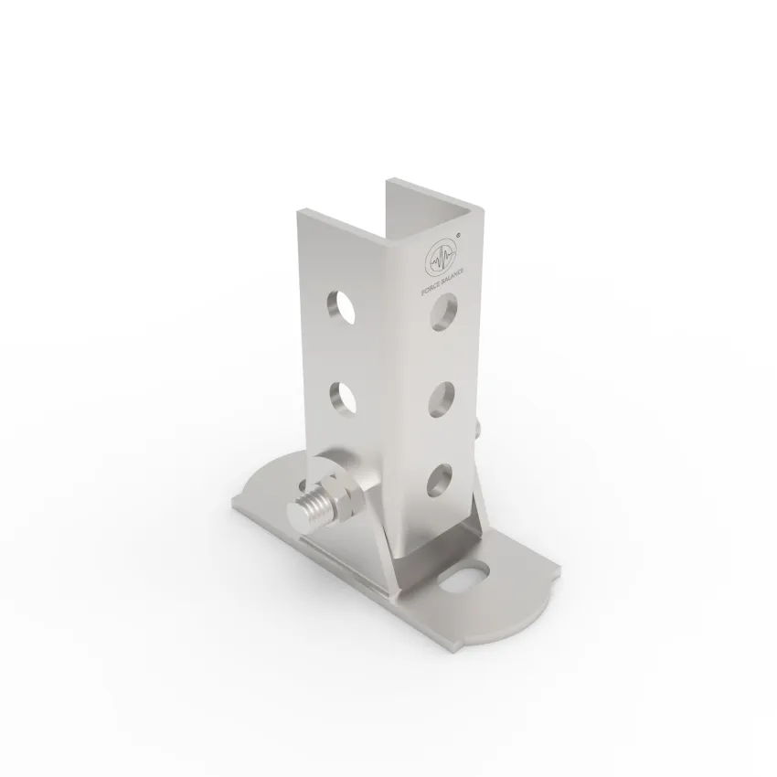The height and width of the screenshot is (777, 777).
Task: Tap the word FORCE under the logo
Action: click(x=431, y=288)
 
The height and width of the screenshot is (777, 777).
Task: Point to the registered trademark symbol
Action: click(x=459, y=236)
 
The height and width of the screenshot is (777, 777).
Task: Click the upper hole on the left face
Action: click(x=340, y=307)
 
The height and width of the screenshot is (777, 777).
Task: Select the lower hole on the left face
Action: click(x=343, y=398)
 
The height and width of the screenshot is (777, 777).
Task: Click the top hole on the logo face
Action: click(x=443, y=312)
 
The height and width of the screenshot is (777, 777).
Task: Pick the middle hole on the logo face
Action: click(x=442, y=399)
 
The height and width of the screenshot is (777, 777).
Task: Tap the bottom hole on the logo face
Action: click(x=440, y=480)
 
